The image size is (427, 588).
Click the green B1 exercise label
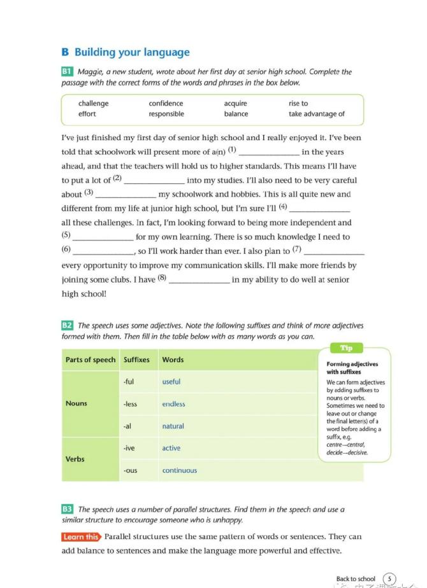[67, 72]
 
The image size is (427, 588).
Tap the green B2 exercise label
[67, 326]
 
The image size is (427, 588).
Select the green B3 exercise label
[67, 509]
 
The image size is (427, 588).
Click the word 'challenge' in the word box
[93, 103]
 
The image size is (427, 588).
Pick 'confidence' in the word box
[166, 103]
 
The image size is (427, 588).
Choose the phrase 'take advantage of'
[316, 115]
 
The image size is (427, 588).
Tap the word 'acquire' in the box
[235, 103]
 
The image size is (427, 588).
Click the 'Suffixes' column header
[136, 360]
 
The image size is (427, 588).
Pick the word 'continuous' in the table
[179, 471]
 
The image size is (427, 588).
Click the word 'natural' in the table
[173, 426]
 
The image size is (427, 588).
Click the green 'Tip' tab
[346, 348]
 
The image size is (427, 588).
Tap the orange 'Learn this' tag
[81, 537]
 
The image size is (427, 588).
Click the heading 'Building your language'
[132, 52]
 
